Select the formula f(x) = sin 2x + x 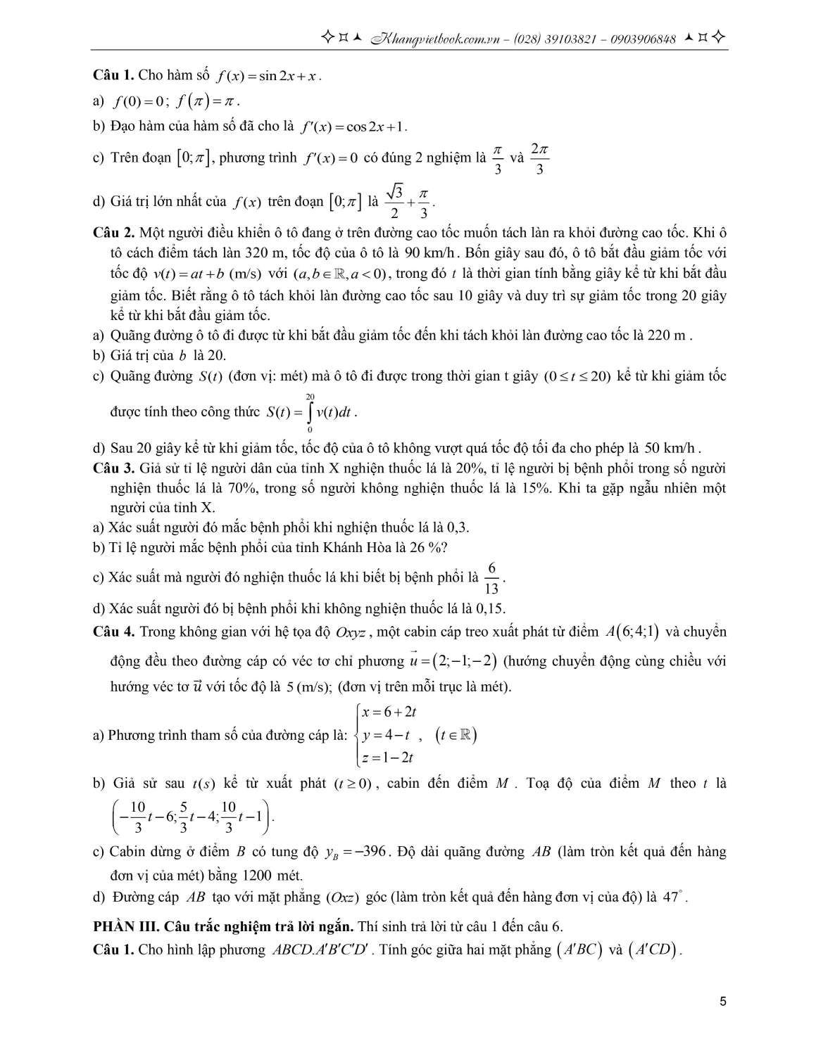268,76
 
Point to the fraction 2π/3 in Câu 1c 539,160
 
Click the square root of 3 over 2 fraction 396,202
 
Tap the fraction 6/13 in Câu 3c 492,578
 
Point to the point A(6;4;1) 632,632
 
